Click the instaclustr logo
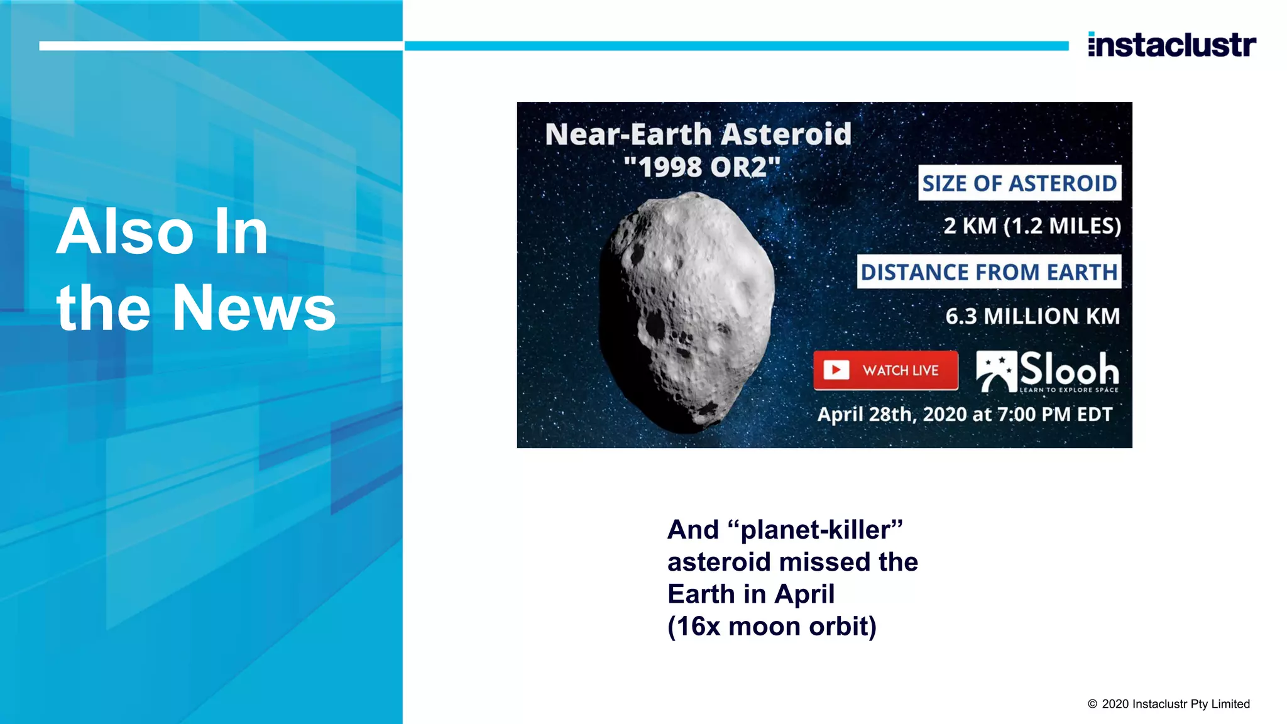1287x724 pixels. (1172, 45)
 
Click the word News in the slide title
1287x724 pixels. (254, 308)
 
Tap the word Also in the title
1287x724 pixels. (125, 233)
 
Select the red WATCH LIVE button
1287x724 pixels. (885, 370)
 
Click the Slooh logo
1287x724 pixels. (1048, 371)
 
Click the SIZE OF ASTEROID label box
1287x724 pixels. (1019, 183)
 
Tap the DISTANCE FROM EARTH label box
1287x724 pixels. (989, 271)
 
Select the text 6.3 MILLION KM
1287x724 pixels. (1032, 315)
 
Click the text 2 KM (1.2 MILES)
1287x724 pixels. (1032, 226)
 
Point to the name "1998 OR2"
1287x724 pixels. (702, 167)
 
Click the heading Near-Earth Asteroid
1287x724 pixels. (698, 134)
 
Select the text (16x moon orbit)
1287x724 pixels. (772, 627)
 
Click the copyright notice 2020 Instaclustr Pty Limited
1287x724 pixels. (1169, 704)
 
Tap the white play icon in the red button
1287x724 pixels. (836, 370)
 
